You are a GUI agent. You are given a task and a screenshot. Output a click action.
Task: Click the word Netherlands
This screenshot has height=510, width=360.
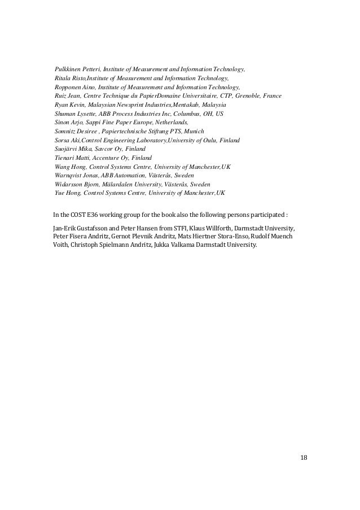pos(169,123)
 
